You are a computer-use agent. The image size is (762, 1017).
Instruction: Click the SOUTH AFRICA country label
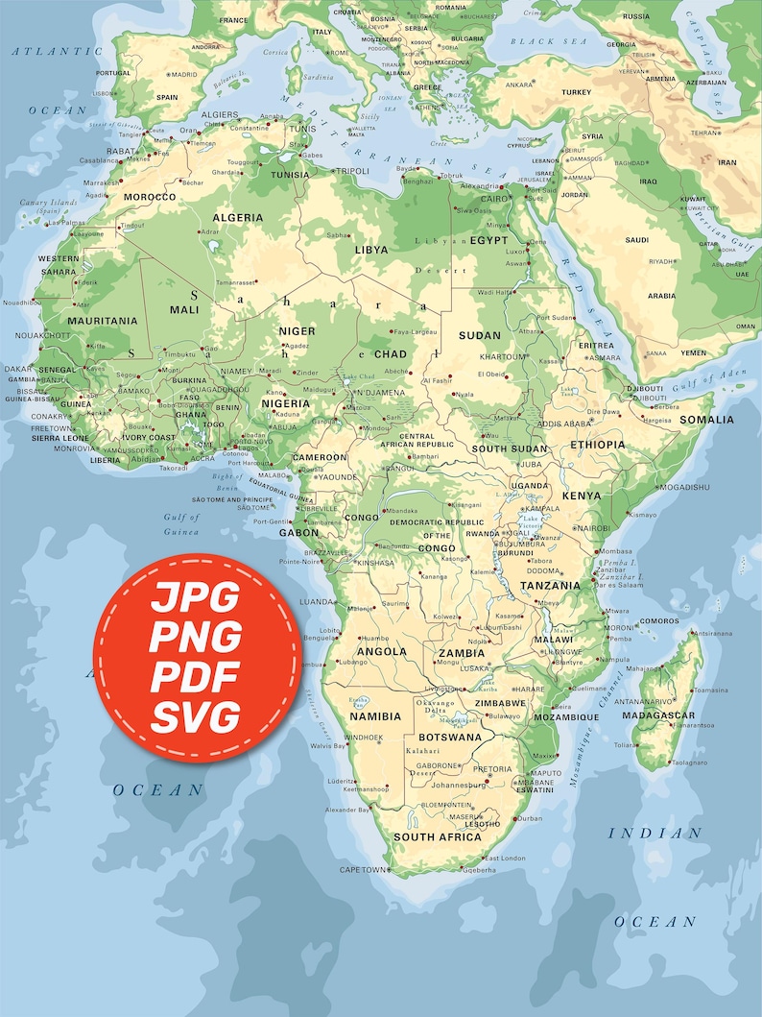pos(438,837)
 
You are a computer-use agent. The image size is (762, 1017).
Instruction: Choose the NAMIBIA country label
pos(375,716)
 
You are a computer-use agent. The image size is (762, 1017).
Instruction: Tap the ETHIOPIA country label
pos(597,445)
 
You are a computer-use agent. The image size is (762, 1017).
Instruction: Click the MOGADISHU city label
pos(684,487)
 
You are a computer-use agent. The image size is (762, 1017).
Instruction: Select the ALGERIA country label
pos(238,218)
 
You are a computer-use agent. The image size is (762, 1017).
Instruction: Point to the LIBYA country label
pos(371,250)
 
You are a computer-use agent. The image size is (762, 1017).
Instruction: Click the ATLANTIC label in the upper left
pos(44,49)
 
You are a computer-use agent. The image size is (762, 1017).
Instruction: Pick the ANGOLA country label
pos(381,651)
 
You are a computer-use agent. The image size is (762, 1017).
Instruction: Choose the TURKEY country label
pos(577,92)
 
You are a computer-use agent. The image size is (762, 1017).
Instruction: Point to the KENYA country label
pos(581,496)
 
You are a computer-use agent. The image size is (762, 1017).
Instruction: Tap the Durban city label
pos(529,818)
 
